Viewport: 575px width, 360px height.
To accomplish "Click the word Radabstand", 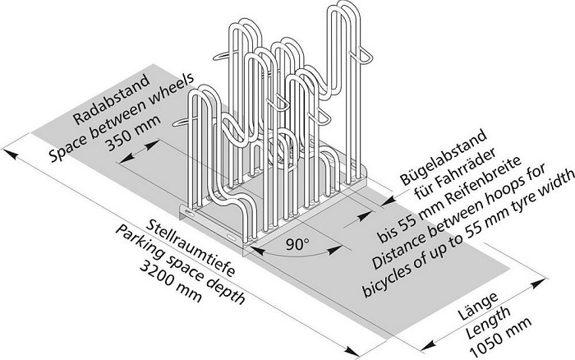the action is [112, 99].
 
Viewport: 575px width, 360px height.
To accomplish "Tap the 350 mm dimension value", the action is [133, 133].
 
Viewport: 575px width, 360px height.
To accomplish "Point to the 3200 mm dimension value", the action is [170, 281].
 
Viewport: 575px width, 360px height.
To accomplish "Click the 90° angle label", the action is [297, 244].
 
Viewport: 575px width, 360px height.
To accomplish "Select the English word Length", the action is [488, 322].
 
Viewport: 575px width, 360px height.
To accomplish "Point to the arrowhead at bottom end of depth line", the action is [352, 351].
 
